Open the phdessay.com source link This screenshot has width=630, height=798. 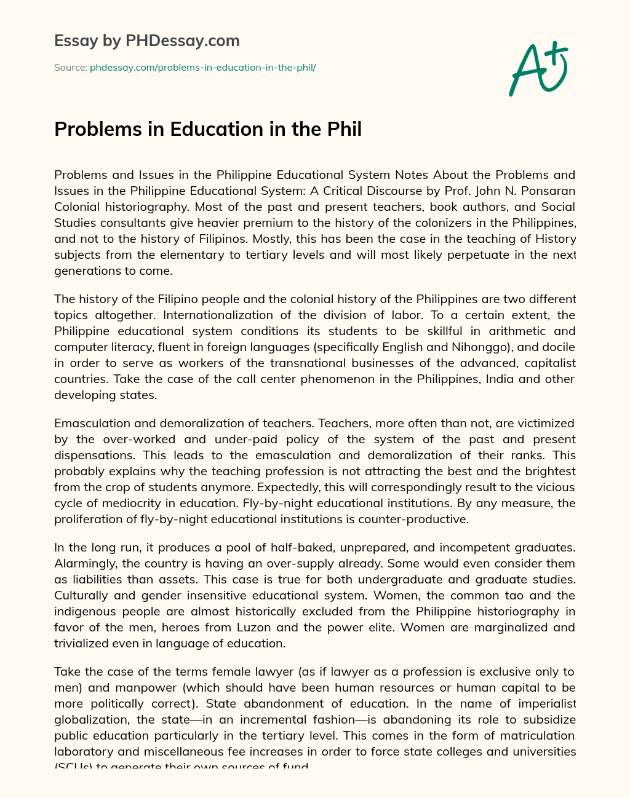[x=202, y=67]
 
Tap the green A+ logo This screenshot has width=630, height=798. [x=537, y=69]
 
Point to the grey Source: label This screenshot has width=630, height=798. [x=70, y=67]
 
